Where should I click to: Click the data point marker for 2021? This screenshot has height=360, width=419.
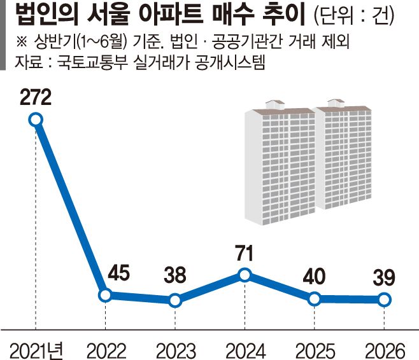(x=36, y=120)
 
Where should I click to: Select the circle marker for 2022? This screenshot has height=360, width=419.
(x=105, y=295)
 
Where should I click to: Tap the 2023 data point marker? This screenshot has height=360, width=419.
(x=175, y=301)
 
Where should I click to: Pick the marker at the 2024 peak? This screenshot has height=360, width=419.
(x=245, y=275)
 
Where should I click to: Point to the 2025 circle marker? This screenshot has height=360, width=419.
(x=315, y=299)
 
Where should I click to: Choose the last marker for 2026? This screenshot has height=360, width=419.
(x=384, y=300)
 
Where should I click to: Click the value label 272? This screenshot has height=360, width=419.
(x=36, y=97)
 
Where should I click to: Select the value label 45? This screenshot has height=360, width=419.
(x=118, y=273)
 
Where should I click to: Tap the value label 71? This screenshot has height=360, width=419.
(x=245, y=254)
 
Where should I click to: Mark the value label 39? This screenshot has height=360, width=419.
(x=384, y=277)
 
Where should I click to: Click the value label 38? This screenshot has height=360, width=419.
(x=175, y=275)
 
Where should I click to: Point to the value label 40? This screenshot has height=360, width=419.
(x=315, y=276)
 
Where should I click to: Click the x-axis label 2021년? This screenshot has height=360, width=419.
(x=36, y=350)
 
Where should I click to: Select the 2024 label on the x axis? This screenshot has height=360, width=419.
(x=246, y=350)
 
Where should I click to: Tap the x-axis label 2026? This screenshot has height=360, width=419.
(x=385, y=350)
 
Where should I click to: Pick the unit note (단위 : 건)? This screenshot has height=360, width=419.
(x=354, y=15)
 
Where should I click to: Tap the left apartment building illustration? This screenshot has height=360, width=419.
(x=280, y=163)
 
